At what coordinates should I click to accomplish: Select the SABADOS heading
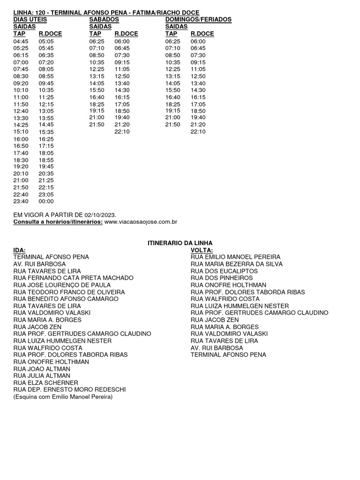[104, 20]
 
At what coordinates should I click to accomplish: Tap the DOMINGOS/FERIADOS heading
[198, 20]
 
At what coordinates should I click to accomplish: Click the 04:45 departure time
[21, 41]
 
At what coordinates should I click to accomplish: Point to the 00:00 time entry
[46, 202]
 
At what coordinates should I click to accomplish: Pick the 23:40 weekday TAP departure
[21, 202]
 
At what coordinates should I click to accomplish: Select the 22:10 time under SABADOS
[122, 132]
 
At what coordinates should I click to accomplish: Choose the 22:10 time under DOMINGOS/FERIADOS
[198, 132]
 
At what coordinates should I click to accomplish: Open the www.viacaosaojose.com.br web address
[141, 222]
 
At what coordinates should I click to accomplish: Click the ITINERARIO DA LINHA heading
[180, 243]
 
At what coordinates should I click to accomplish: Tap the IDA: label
[20, 250]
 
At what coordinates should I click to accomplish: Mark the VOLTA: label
[202, 250]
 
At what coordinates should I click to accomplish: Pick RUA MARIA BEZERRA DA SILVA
[234, 264]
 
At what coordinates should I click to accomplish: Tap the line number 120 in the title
[39, 12]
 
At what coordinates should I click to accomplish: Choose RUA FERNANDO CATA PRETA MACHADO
[74, 278]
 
